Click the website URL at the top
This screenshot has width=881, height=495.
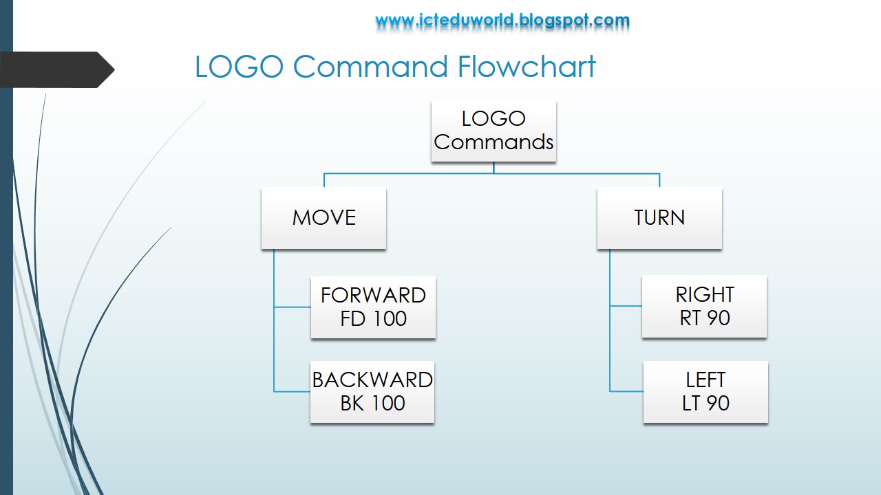pyautogui.click(x=502, y=21)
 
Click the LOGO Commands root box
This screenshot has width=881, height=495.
pyautogui.click(x=493, y=131)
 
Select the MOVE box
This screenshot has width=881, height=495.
pyautogui.click(x=323, y=218)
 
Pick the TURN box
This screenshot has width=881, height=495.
pyautogui.click(x=659, y=218)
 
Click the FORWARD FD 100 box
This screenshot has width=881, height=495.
pyautogui.click(x=373, y=307)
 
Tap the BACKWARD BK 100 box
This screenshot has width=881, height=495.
pyautogui.click(x=372, y=392)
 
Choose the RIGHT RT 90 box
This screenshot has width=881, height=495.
pyautogui.click(x=704, y=307)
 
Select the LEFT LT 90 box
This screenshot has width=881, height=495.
pyautogui.click(x=705, y=392)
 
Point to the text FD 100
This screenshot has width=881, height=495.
pyautogui.click(x=373, y=319)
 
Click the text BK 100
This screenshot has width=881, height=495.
pyautogui.click(x=372, y=404)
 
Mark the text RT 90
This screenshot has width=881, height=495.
pyautogui.click(x=704, y=318)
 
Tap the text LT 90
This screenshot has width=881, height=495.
pyautogui.click(x=705, y=404)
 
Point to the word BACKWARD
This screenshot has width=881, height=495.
pyautogui.click(x=372, y=379)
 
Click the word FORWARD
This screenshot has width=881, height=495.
pyautogui.click(x=373, y=295)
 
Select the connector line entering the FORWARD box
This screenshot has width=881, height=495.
pyautogui.click(x=293, y=307)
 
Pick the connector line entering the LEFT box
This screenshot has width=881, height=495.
pyautogui.click(x=626, y=391)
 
